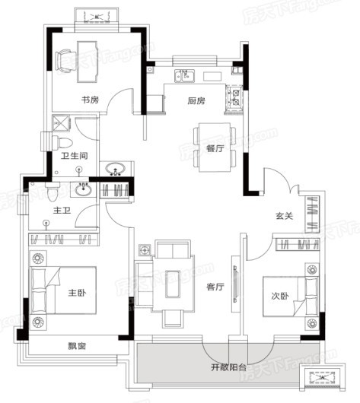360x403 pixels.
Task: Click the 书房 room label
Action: point(91,100)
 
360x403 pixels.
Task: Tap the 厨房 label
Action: point(195,100)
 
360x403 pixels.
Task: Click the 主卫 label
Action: point(62,208)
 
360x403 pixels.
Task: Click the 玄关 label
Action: point(285,216)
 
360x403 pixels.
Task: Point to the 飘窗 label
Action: point(76,345)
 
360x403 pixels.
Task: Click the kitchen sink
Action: point(185,75)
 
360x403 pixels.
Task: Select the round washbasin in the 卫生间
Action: point(116,169)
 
